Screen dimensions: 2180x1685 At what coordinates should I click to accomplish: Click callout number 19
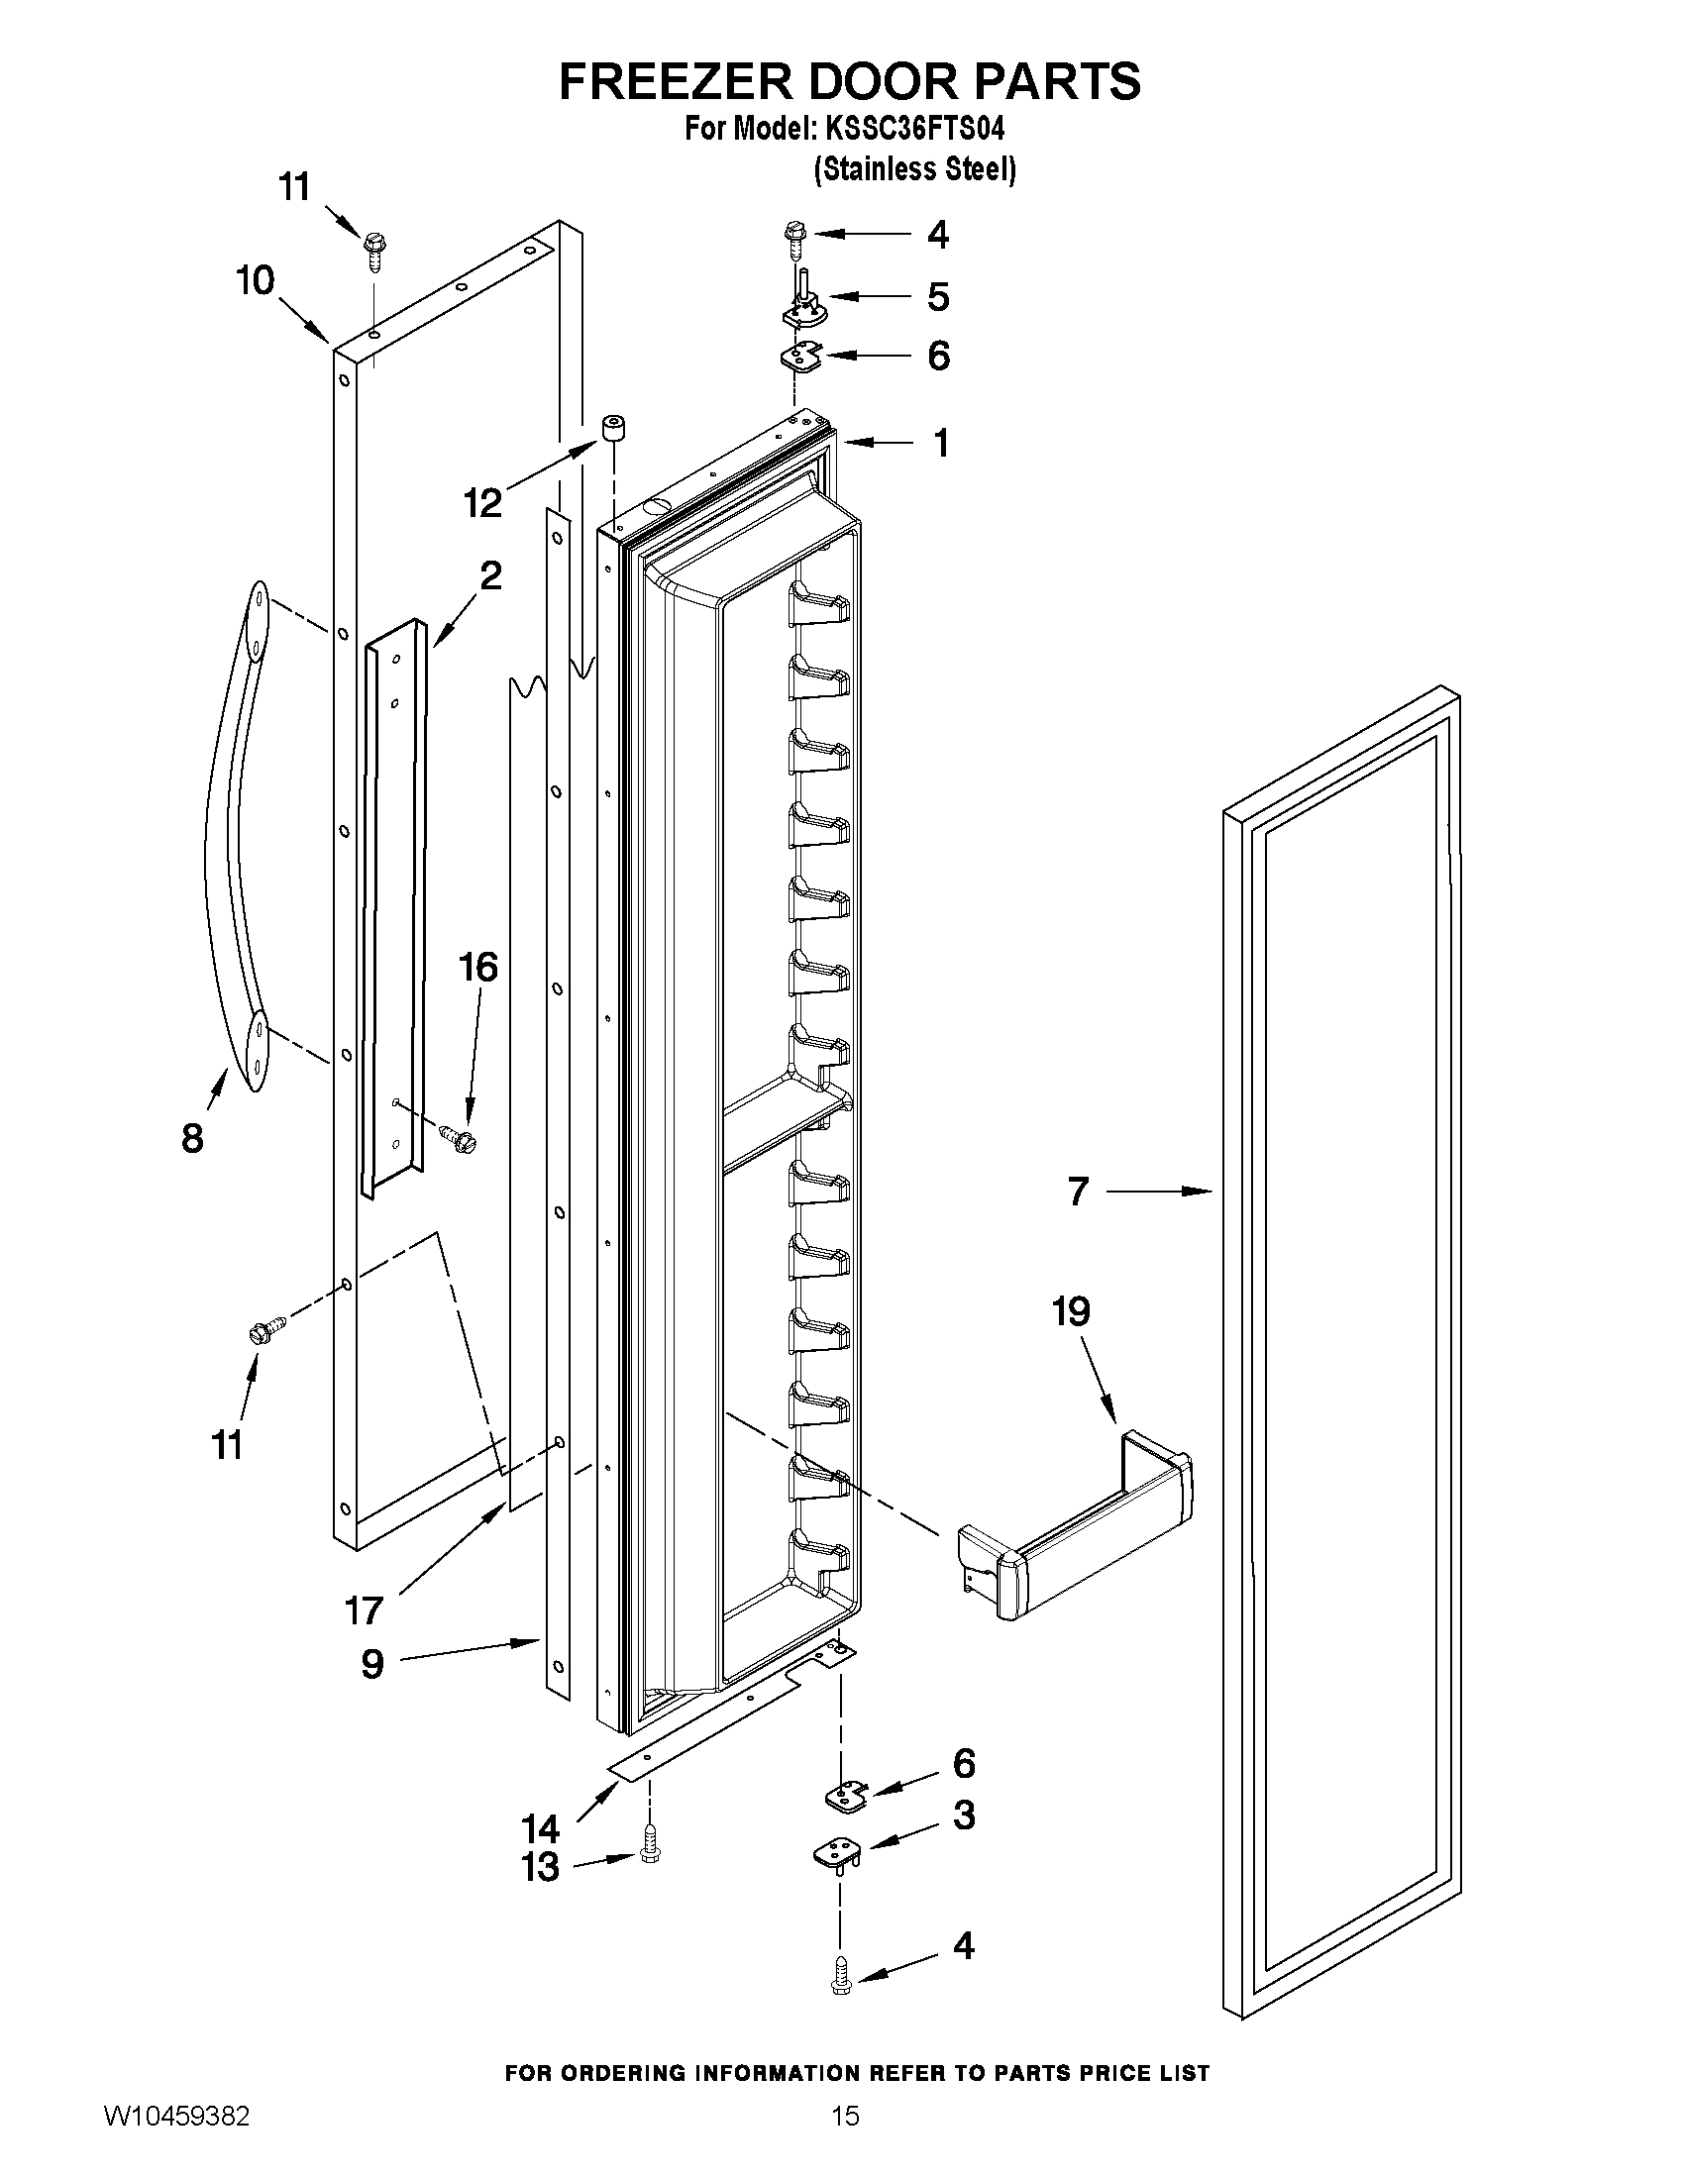coord(1070,1311)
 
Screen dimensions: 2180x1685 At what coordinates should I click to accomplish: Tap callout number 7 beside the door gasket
coord(1077,1191)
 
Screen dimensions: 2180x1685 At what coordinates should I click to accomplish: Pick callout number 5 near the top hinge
coord(937,296)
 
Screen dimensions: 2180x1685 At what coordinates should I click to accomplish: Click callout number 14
coord(540,1828)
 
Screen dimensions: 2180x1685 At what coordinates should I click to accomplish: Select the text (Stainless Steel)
coord(914,169)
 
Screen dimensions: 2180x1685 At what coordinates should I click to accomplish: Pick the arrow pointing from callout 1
coord(878,442)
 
